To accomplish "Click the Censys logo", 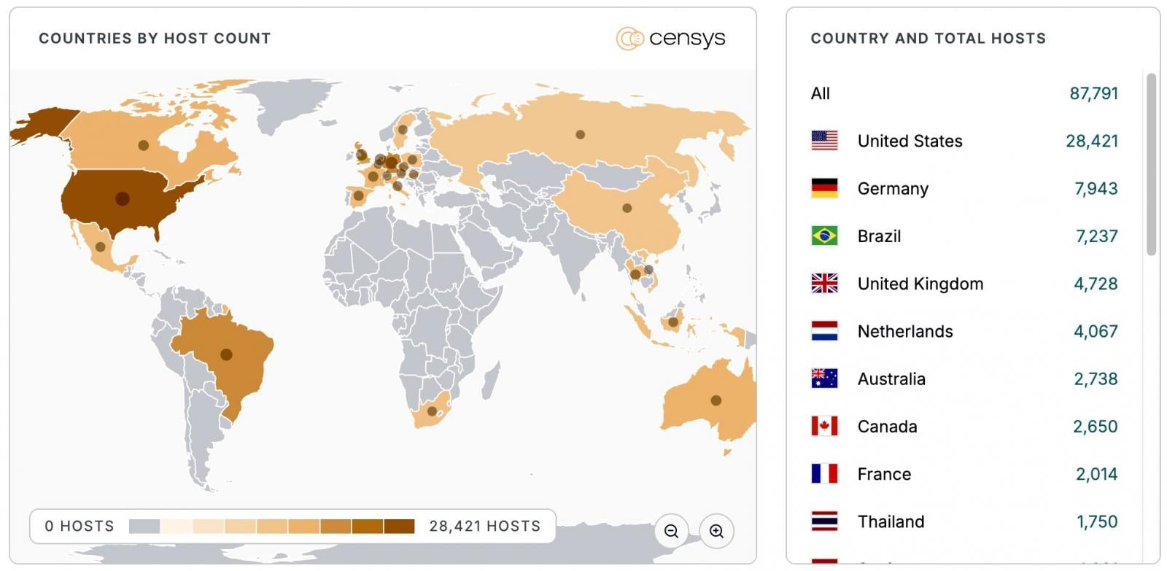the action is coord(670,38).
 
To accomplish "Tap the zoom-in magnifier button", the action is coord(716,531).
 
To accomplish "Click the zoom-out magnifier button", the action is coord(671,531).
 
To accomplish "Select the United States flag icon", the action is coord(824,141).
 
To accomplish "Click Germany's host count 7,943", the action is coord(1096,189).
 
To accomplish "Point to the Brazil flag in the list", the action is coord(824,236).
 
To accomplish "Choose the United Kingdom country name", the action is coord(920,284).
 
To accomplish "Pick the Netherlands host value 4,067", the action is coord(1095,331).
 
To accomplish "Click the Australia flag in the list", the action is coord(824,378).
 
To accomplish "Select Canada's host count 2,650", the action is coord(1095,427).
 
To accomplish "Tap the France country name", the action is coord(884,474).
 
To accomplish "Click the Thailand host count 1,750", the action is coord(1096,521).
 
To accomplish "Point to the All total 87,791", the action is coord(1093,93).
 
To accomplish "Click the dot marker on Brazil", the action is coord(226,354).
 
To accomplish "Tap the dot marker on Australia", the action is coord(716,400).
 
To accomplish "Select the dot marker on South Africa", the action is coord(432,411).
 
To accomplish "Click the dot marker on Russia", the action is coord(580,134).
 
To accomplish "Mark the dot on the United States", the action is coord(122,198).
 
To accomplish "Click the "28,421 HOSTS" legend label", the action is coord(484,526).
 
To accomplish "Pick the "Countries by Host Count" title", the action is coord(155,39).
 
